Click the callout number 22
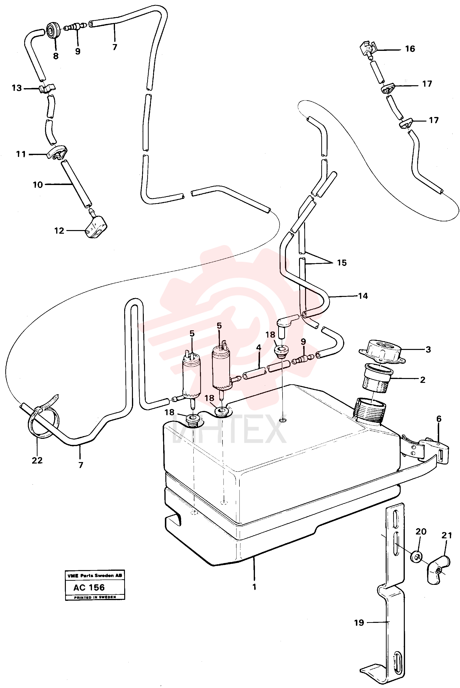[x=37, y=460]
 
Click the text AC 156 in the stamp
[x=89, y=587]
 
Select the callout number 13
[x=17, y=88]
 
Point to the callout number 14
[x=363, y=296]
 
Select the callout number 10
[x=38, y=185]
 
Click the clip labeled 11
[x=57, y=152]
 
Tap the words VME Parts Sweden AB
[x=95, y=576]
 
